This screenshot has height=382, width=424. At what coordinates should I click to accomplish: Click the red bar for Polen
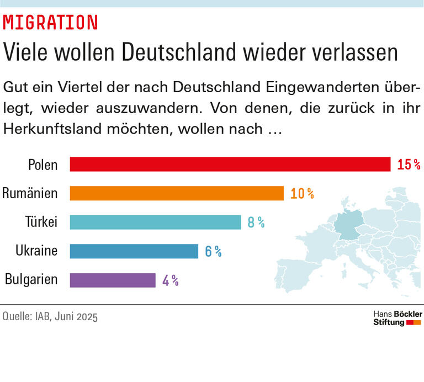pyautogui.click(x=230, y=165)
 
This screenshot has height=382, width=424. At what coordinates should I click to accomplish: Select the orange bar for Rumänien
pyautogui.click(x=177, y=193)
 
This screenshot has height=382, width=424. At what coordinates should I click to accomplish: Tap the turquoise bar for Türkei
pyautogui.click(x=155, y=222)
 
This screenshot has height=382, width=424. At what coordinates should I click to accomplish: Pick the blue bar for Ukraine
pyautogui.click(x=134, y=251)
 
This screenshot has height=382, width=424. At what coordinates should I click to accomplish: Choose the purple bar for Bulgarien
pyautogui.click(x=113, y=280)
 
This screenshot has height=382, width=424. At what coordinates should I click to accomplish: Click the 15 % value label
pyautogui.click(x=409, y=165)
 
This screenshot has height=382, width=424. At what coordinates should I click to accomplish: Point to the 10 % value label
pyautogui.click(x=302, y=193)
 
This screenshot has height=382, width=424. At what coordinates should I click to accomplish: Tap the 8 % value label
pyautogui.click(x=256, y=222)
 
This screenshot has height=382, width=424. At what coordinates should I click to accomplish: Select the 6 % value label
pyautogui.click(x=213, y=251)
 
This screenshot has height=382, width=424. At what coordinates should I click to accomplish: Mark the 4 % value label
pyautogui.click(x=170, y=280)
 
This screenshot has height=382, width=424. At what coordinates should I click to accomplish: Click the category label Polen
pyautogui.click(x=43, y=165)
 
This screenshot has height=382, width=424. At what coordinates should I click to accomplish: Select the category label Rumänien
pyautogui.click(x=30, y=193)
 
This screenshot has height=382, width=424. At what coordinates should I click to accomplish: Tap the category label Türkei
pyautogui.click(x=41, y=222)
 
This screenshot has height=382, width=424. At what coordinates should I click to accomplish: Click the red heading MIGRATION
pyautogui.click(x=50, y=22)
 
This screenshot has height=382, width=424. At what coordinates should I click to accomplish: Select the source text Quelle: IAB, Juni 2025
pyautogui.click(x=50, y=317)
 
